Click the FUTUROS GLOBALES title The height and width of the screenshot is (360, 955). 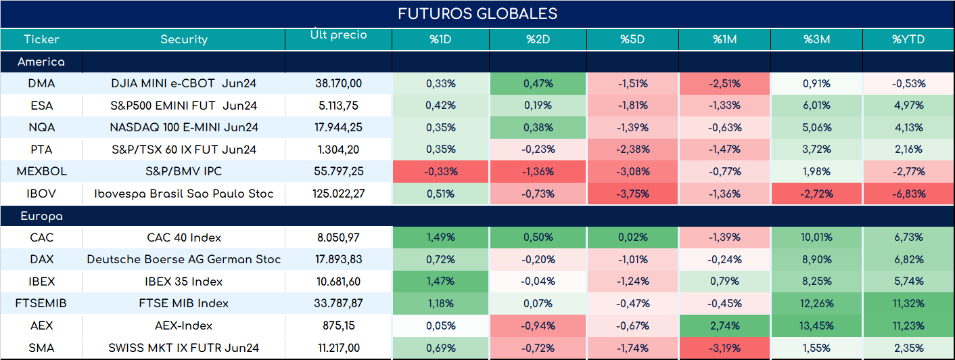point(477,14)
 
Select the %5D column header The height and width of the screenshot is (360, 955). point(632,39)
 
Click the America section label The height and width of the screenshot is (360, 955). point(41,62)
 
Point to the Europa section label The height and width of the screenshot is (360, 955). point(41,217)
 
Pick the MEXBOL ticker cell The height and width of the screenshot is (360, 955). point(41,171)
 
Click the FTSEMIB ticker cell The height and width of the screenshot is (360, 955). point(41,303)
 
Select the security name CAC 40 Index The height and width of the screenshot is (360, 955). point(184,238)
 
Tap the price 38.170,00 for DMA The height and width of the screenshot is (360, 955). point(339,84)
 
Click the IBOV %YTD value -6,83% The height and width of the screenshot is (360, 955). point(908,194)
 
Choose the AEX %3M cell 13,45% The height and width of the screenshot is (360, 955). point(816,326)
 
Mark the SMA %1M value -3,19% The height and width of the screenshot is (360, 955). point(724,348)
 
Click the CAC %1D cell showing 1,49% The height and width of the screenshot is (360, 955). point(440,238)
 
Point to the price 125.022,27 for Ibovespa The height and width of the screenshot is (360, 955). point(339,194)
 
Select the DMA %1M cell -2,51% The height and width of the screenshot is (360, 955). point(724,84)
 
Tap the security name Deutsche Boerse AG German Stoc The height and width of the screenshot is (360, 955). point(184,259)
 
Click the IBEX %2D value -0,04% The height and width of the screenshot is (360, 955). point(538,282)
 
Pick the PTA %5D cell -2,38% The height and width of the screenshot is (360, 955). point(632,150)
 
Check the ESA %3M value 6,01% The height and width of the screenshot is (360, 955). point(816,106)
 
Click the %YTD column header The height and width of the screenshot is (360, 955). point(908,39)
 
